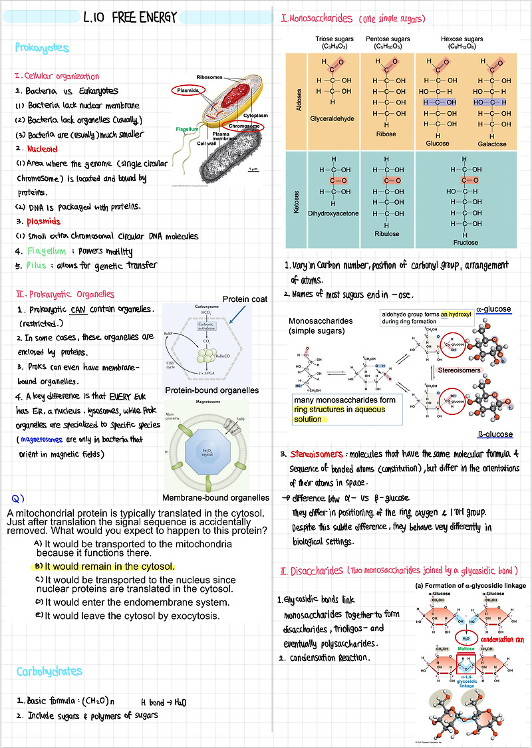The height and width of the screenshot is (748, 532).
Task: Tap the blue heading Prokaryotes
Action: [42, 48]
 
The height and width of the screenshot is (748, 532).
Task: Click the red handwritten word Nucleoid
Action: [43, 149]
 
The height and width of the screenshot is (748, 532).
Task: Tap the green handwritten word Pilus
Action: [37, 265]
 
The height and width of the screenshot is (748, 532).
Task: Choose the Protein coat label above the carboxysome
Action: [244, 299]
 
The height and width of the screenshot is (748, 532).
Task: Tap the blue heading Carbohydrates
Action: [51, 672]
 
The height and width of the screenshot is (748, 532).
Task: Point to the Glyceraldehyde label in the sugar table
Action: [332, 118]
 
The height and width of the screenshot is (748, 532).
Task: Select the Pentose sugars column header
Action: [388, 40]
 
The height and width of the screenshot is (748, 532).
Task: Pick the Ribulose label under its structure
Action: [387, 233]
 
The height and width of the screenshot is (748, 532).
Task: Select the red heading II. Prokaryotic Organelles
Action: [65, 294]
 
